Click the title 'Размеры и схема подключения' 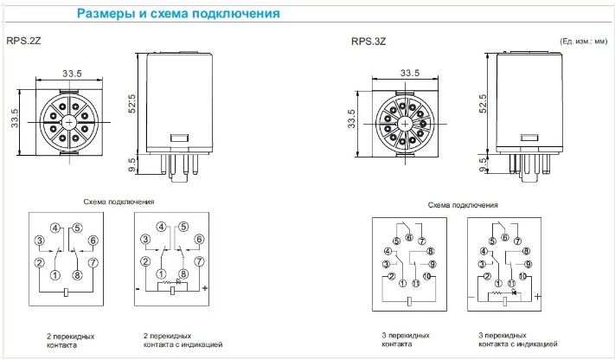[178, 14]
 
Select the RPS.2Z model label [23, 40]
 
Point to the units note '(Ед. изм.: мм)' [583, 41]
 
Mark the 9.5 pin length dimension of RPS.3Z [484, 160]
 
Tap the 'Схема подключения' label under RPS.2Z [119, 202]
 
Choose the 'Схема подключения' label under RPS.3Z [463, 206]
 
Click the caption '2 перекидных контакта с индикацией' [183, 339]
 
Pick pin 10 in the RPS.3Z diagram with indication [522, 276]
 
